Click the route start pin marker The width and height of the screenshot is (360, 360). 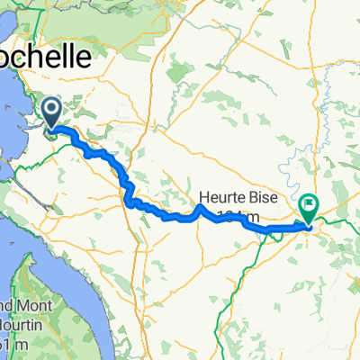(x=52, y=113)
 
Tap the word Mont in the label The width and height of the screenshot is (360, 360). (x=34, y=304)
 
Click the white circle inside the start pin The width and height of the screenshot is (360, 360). (x=52, y=111)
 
